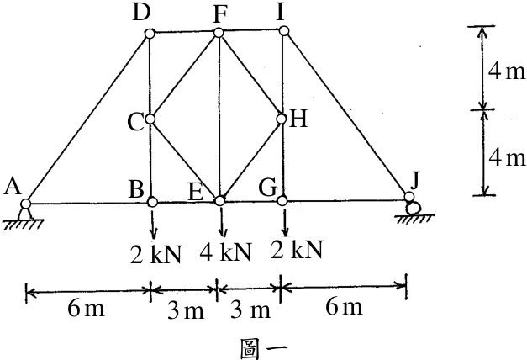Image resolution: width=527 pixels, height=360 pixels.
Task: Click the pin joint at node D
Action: tap(150, 34)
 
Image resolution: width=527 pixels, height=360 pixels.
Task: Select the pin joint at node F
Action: tap(219, 33)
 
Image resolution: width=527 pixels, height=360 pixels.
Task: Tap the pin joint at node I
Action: tap(284, 31)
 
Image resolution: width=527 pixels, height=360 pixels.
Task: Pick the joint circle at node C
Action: tap(150, 119)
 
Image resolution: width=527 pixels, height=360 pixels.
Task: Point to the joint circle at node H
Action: tap(282, 119)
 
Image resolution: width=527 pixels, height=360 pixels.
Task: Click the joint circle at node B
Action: tap(153, 202)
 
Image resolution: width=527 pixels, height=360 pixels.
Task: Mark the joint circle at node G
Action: tap(282, 200)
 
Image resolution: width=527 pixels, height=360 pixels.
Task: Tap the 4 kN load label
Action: tap(225, 252)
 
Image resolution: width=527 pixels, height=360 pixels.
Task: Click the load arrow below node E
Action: tap(222, 222)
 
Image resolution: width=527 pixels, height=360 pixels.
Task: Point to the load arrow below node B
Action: tap(153, 225)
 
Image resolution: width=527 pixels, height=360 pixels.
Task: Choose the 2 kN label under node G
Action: tap(297, 249)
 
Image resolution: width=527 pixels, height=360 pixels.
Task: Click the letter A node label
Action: tap(13, 187)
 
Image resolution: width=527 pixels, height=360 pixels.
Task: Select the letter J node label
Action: tap(416, 180)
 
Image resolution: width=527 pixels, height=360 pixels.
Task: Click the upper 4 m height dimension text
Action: tap(506, 71)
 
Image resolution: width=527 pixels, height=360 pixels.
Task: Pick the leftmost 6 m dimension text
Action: tap(86, 308)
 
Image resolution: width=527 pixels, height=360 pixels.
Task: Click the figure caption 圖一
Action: tap(264, 349)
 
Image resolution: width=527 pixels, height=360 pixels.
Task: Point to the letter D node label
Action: tap(141, 13)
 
